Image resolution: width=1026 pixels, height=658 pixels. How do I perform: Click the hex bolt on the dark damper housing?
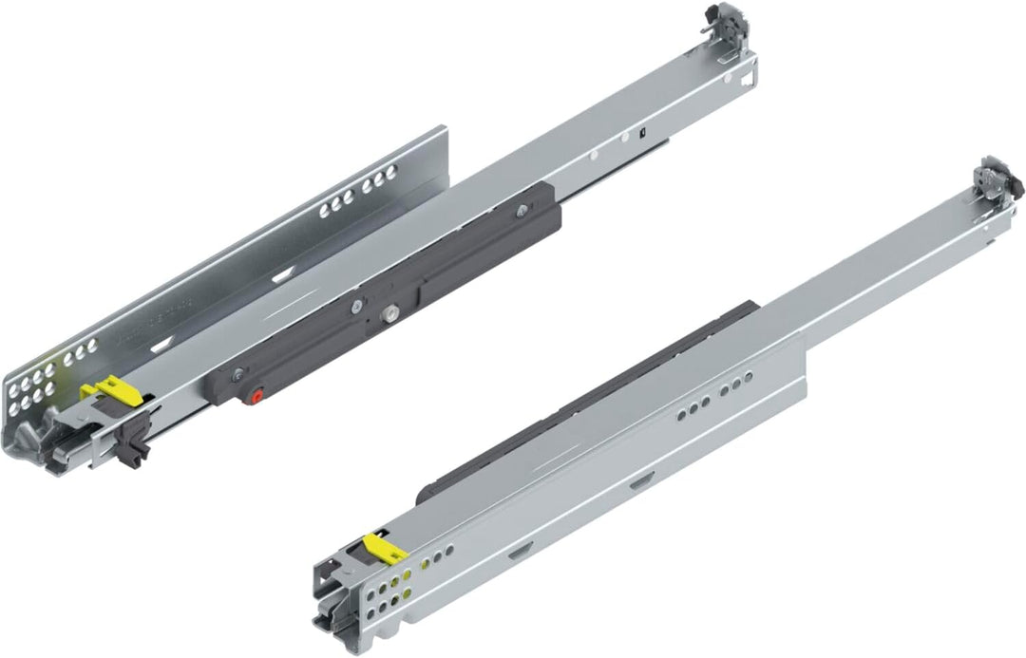pyautogui.click(x=389, y=312)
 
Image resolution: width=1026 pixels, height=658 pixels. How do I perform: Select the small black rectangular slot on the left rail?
pyautogui.click(x=642, y=131)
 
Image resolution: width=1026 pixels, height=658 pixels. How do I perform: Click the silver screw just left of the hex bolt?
pyautogui.click(x=354, y=306)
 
